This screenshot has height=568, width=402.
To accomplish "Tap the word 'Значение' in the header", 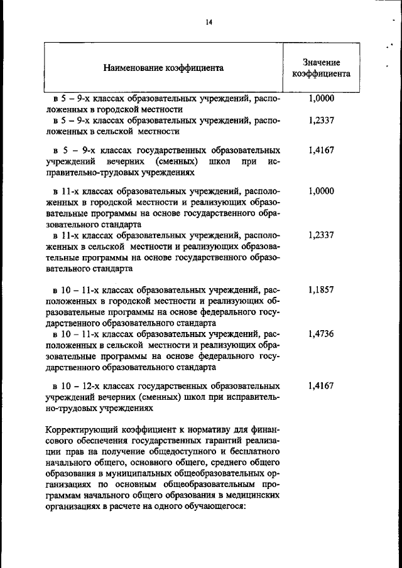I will (x=320, y=62).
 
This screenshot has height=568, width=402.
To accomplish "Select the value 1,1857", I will (x=321, y=291).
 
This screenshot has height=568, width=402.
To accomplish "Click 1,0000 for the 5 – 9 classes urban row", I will (x=321, y=98).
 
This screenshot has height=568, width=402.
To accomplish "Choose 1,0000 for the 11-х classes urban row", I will (x=321, y=191).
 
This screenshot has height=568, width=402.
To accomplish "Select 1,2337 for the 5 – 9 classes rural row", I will (x=321, y=121).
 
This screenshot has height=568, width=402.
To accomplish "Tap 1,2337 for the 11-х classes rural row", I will (x=321, y=235).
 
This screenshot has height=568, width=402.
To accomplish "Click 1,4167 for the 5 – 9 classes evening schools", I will (x=321, y=151).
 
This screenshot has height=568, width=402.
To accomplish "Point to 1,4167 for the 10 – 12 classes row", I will (x=321, y=385).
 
